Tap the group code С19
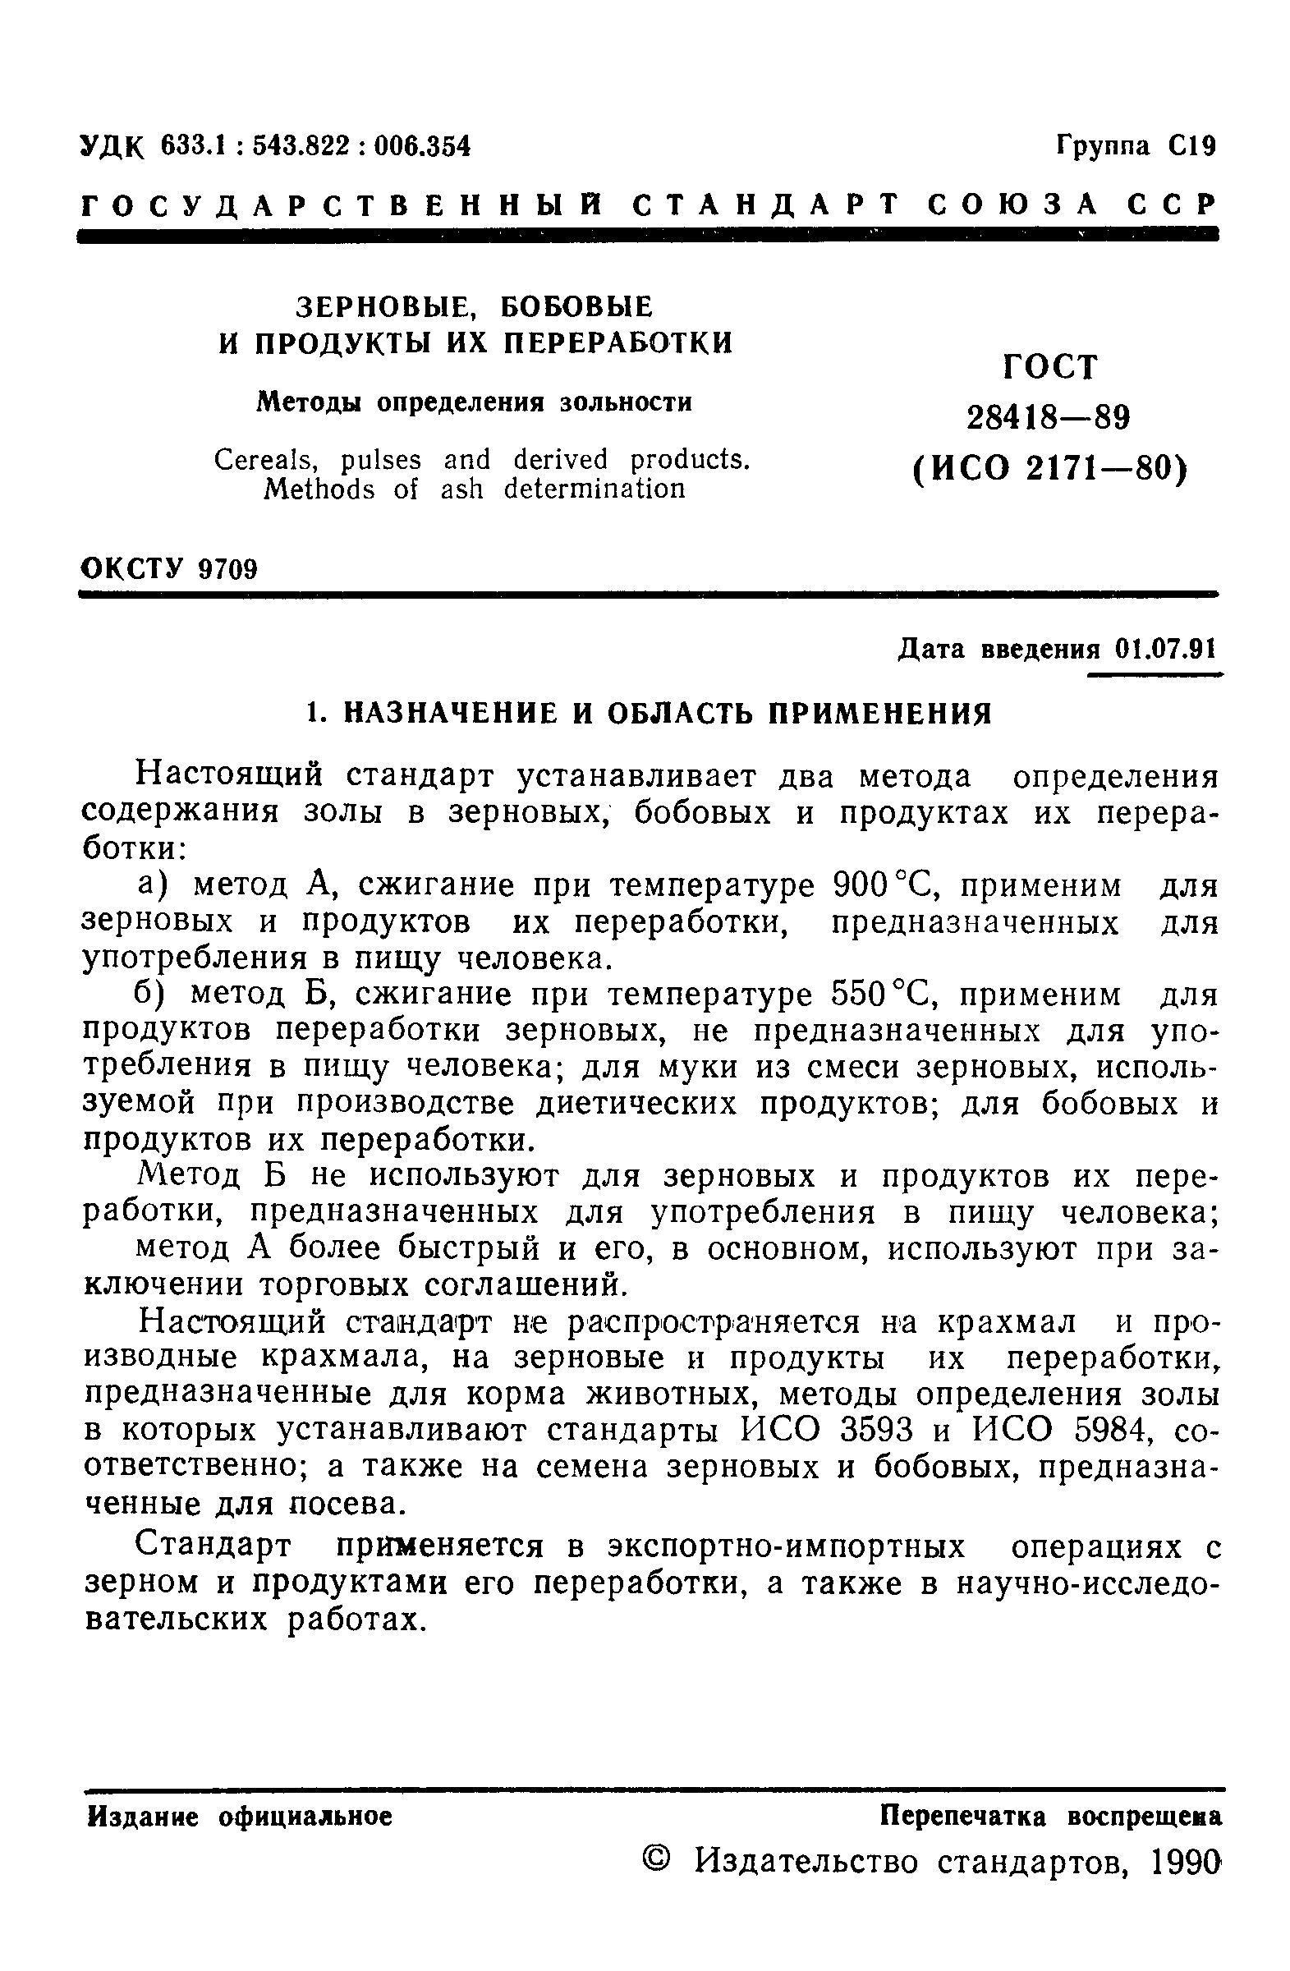point(1192,146)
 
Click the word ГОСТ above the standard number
point(1049,367)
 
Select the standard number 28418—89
point(1049,418)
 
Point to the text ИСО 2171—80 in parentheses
point(1049,470)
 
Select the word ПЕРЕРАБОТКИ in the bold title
point(618,342)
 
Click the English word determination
point(595,489)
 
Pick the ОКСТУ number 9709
point(228,570)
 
